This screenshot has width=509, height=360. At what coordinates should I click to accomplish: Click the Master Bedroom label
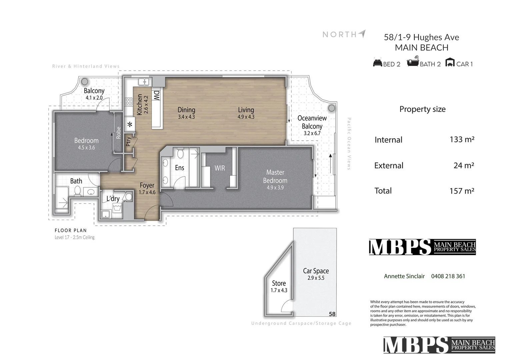tap(275, 177)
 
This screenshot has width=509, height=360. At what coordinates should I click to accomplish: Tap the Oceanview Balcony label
tap(312, 122)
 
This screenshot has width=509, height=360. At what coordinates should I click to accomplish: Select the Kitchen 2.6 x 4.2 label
tap(143, 104)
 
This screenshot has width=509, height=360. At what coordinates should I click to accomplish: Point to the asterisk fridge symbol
tap(130, 125)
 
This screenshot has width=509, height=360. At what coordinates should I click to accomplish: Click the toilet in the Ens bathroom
tap(180, 154)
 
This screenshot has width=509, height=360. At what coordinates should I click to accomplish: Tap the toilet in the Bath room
tap(77, 191)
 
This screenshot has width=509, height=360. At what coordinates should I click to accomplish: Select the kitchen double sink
tap(144, 82)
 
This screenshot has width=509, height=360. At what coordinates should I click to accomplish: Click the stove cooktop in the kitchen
tap(129, 101)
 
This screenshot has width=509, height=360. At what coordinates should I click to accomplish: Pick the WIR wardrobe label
tap(220, 168)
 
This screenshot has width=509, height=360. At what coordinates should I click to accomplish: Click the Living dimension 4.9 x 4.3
tap(246, 117)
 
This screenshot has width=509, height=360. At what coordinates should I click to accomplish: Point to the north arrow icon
tap(362, 34)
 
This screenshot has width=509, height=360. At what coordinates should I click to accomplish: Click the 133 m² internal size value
tap(462, 139)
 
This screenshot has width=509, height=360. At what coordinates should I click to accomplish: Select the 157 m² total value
tap(462, 191)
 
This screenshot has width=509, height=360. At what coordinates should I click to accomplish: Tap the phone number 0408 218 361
tap(448, 276)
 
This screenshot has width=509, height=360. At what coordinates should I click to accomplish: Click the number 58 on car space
tap(332, 314)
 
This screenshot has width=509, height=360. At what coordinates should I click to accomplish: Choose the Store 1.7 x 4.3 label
tap(279, 286)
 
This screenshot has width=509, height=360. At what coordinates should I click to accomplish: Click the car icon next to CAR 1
tap(450, 62)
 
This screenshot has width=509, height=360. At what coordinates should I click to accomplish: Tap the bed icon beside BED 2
tap(377, 62)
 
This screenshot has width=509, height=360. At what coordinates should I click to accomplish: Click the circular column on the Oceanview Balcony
tap(331, 108)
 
